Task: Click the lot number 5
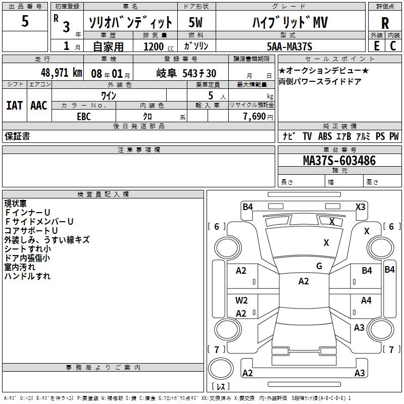pyautogui.click(x=25, y=21)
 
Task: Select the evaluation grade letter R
pyautogui.click(x=385, y=23)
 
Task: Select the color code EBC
pyautogui.click(x=84, y=117)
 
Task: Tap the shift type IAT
pyautogui.click(x=14, y=106)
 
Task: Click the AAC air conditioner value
pyautogui.click(x=39, y=106)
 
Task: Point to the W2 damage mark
pyautogui.click(x=241, y=300)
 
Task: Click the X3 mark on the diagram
pyautogui.click(x=360, y=207)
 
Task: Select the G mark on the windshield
pyautogui.click(x=319, y=266)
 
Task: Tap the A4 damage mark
pyautogui.click(x=366, y=300)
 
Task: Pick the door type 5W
pyautogui.click(x=196, y=23)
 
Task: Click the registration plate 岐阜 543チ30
pyautogui.click(x=186, y=73)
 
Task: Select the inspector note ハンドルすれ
pyautogui.click(x=27, y=276)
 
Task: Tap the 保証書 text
pyautogui.click(x=17, y=136)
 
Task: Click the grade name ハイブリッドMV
pyautogui.click(x=290, y=23)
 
